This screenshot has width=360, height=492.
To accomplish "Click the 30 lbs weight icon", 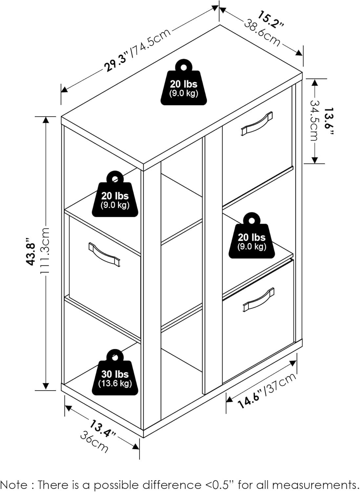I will pyautogui.click(x=115, y=374).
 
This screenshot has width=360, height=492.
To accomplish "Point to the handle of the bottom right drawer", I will pyautogui.click(x=259, y=300).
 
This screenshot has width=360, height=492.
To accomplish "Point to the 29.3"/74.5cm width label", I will pyautogui.click(x=138, y=50).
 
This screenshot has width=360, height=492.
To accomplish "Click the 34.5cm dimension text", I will pyautogui.click(x=314, y=120).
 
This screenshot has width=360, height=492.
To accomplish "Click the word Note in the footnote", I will pyautogui.click(x=16, y=485).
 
